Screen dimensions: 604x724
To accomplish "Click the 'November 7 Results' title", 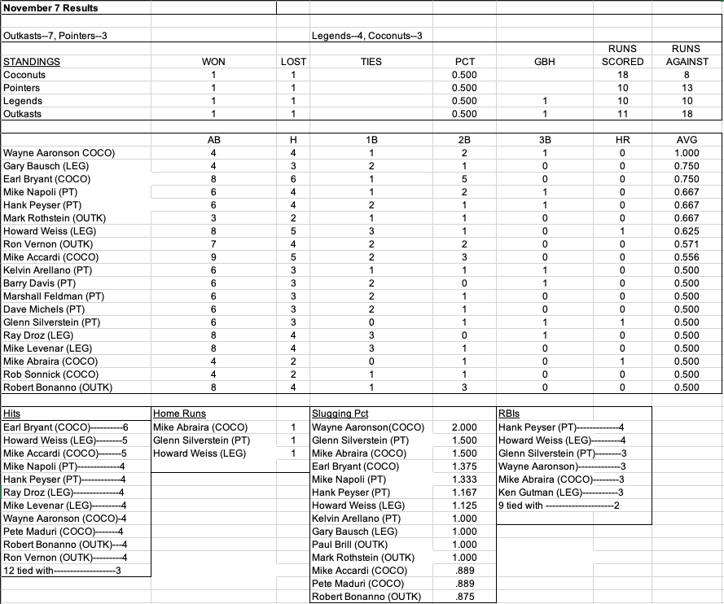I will [50, 8].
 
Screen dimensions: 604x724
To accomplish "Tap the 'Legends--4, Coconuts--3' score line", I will [366, 36].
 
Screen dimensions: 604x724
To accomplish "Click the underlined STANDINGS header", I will [32, 62].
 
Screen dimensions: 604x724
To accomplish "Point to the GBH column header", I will [545, 62].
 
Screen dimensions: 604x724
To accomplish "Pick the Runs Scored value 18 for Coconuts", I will [622, 75].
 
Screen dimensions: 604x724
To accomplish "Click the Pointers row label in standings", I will [23, 88].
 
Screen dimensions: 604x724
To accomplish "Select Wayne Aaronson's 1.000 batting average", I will [687, 153].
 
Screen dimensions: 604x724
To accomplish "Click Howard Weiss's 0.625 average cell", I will [687, 231].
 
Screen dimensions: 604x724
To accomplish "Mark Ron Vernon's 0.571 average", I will [687, 244].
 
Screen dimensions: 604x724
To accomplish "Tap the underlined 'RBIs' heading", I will [508, 414].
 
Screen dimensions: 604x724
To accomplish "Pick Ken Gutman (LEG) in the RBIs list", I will [538, 492].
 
